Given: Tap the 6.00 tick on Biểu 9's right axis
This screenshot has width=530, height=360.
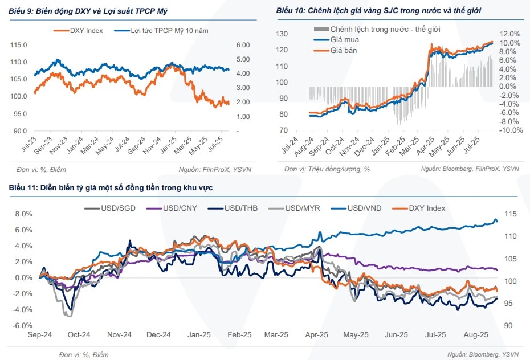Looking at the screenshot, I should tap(243, 44).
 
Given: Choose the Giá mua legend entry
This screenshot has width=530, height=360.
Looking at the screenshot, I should tap(344, 40).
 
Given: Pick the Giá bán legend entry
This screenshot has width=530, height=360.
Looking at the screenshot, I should tap(344, 50).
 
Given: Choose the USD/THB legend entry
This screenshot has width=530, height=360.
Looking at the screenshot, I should tap(241, 208).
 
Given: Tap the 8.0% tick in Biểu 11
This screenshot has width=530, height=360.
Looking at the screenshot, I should tap(23, 214).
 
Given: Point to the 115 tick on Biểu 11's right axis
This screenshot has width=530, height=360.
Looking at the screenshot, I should tap(509, 214).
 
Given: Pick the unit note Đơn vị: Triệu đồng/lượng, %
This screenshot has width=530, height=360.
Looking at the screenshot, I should tap(328, 169).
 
